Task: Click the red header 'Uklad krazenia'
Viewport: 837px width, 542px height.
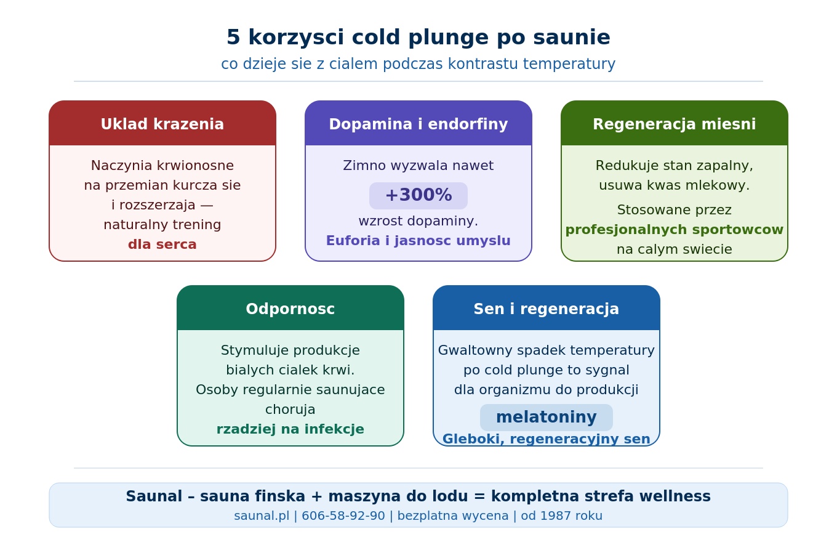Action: [162, 123]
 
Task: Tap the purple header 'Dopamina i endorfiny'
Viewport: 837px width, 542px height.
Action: [418, 123]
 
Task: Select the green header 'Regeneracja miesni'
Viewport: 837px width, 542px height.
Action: [674, 123]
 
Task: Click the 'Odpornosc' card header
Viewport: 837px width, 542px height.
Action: [290, 308]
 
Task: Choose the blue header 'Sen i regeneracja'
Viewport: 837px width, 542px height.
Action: [547, 308]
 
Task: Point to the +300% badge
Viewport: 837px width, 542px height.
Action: [418, 196]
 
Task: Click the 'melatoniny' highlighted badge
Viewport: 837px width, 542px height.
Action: [547, 418]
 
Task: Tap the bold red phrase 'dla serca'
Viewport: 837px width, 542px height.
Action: [162, 245]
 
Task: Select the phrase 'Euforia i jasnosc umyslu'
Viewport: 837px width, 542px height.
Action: [418, 241]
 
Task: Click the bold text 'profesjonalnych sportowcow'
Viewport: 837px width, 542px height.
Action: [674, 230]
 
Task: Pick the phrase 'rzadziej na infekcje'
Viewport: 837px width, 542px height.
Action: [290, 429]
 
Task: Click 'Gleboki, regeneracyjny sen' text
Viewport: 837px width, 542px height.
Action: [547, 439]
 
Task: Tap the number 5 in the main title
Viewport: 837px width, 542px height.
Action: [233, 38]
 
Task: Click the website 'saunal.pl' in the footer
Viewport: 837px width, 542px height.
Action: [262, 516]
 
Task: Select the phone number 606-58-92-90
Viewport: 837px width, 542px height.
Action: [343, 516]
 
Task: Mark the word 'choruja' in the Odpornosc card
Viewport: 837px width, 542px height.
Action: [290, 410]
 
